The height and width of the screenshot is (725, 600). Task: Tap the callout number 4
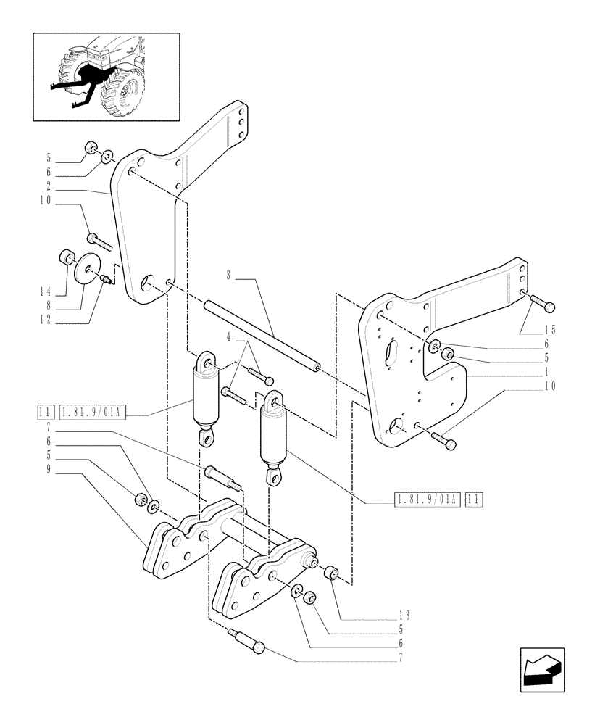[230, 336]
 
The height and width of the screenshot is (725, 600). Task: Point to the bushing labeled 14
[67, 258]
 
